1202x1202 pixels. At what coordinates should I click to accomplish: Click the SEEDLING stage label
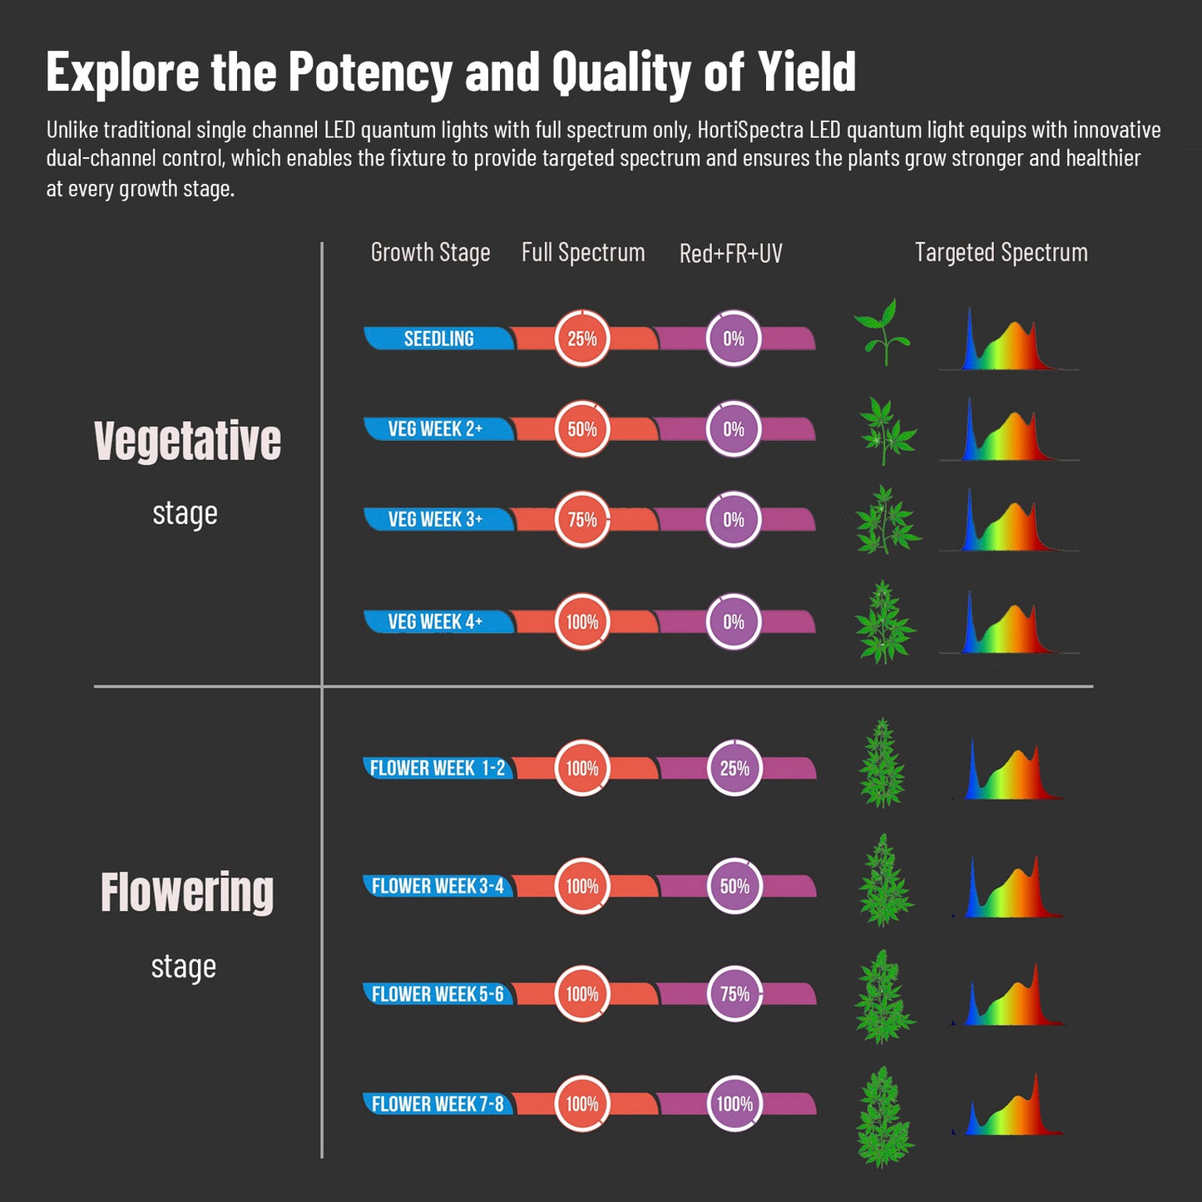click(438, 339)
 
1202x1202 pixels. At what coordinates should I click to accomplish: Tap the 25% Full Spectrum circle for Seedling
click(582, 339)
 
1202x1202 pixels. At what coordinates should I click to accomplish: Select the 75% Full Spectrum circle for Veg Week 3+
click(582, 520)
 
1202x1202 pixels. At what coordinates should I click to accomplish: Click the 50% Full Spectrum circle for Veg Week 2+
click(582, 429)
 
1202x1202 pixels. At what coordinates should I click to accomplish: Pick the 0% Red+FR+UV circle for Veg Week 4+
click(734, 622)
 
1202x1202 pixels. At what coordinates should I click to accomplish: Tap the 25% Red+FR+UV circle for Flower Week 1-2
click(735, 769)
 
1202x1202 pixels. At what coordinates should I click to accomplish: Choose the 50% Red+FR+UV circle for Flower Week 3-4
click(735, 887)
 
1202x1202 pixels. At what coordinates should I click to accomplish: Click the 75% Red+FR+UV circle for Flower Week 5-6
click(735, 994)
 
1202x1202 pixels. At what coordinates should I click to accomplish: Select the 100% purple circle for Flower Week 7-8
click(735, 1105)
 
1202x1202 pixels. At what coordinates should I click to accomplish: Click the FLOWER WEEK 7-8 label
click(438, 1105)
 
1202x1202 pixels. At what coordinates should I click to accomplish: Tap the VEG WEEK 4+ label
click(435, 622)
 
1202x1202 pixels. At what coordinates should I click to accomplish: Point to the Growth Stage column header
click(430, 253)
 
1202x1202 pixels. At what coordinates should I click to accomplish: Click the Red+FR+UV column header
click(730, 254)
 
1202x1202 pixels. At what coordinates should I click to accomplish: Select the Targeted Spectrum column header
click(1001, 253)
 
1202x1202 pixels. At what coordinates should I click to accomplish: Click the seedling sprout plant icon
click(882, 333)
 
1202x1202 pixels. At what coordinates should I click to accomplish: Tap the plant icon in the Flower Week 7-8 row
click(883, 1116)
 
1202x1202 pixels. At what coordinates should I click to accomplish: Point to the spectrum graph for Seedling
click(1008, 341)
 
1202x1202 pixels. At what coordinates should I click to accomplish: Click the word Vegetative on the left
click(187, 441)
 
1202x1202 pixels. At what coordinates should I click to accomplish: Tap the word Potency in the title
click(369, 72)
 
